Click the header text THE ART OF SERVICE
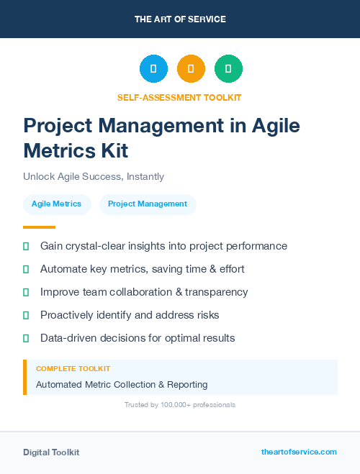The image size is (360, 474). [x=180, y=19]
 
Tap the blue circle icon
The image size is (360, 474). [x=153, y=69]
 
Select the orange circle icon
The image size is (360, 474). [x=191, y=69]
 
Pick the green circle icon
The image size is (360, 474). [x=228, y=69]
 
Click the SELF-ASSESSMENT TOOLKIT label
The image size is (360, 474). [x=179, y=97]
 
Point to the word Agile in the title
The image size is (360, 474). [x=276, y=125]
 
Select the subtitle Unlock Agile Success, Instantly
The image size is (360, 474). [x=94, y=176]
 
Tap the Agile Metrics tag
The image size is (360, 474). [x=57, y=204]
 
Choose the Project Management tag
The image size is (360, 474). [x=148, y=204]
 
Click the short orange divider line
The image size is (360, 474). [x=39, y=227]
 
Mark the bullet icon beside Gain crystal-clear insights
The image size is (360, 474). [x=26, y=247]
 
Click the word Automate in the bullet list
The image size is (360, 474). [x=63, y=269]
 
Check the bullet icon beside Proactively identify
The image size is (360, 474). [x=26, y=315]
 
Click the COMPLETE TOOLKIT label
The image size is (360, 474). [x=73, y=368]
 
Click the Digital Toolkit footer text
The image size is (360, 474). [x=51, y=452]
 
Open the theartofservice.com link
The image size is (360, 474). [x=299, y=452]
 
